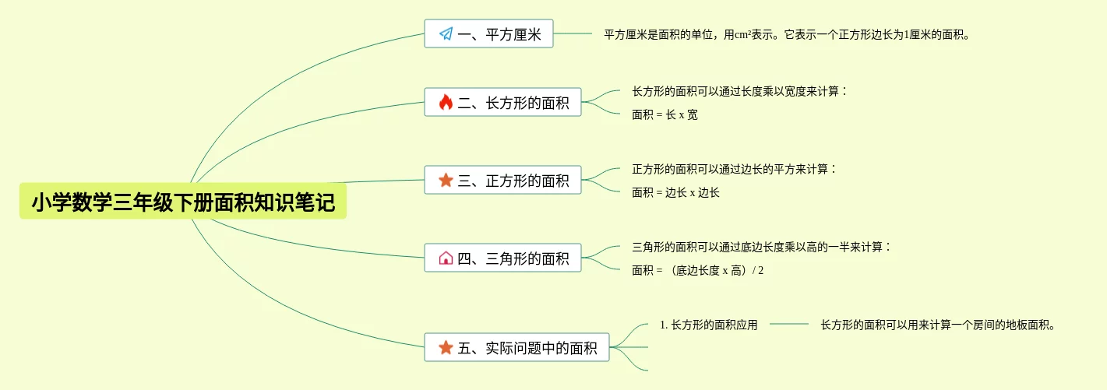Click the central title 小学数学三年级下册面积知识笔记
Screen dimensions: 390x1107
183,202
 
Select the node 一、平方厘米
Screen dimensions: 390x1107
488,34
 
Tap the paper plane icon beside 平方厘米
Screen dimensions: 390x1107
446,34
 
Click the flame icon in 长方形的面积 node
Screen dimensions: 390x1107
446,103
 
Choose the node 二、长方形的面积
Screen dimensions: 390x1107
502,103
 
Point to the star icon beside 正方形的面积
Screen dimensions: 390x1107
446,181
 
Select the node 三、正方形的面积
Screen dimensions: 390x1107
502,181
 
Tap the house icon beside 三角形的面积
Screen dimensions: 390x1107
446,258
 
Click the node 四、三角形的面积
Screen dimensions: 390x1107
502,258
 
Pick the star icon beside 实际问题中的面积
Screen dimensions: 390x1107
446,348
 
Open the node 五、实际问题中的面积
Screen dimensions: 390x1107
516,348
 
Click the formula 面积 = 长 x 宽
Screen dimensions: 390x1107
665,115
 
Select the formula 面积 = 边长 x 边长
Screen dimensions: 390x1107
675,193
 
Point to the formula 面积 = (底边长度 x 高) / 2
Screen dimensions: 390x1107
697,271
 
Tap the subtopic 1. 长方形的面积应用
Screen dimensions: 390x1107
708,325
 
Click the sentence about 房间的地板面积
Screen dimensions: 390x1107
938,325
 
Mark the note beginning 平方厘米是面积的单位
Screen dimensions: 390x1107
787,35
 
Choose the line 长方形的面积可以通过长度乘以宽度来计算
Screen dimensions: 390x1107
739,92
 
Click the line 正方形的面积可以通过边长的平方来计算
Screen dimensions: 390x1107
734,170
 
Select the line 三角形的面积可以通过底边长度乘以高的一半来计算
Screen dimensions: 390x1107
761,248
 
